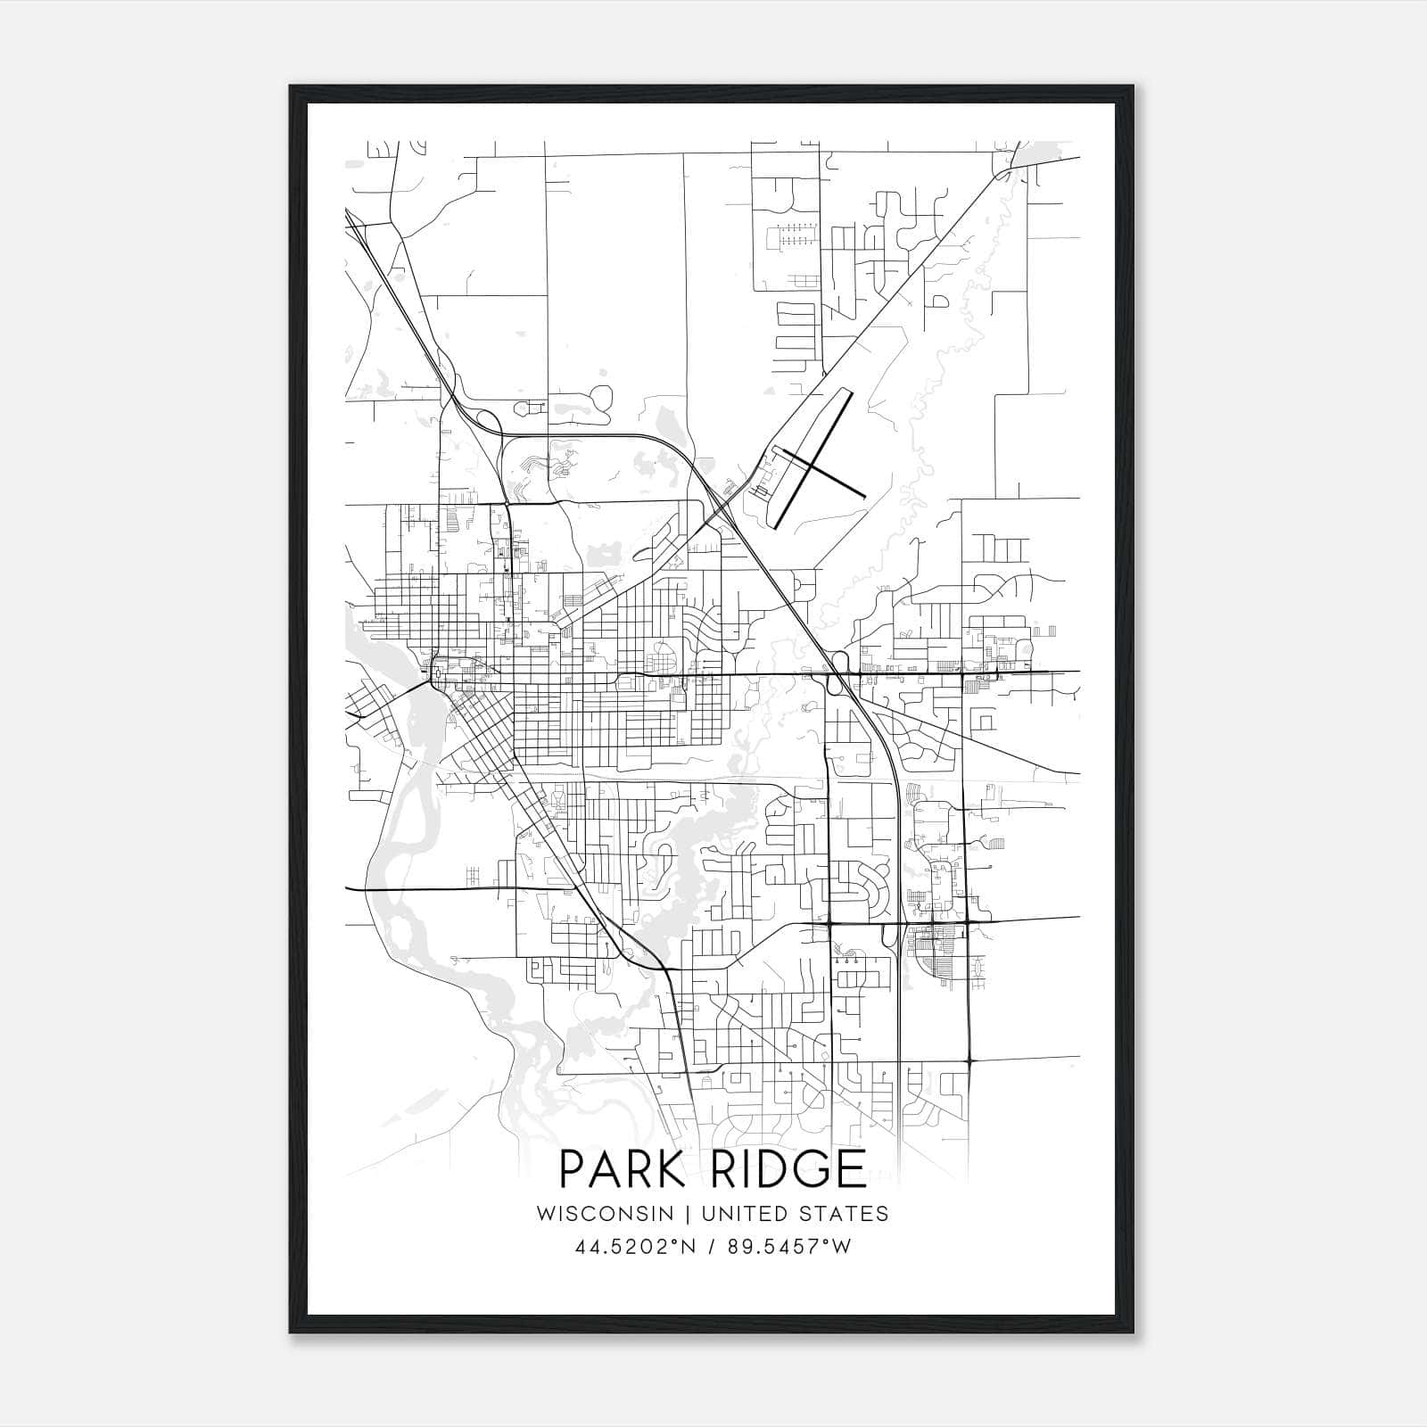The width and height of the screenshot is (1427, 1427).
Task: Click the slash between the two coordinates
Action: [x=709, y=1247]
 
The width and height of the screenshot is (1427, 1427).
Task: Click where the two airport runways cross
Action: [x=808, y=460]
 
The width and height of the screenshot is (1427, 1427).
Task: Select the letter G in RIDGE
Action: [x=807, y=1168]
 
